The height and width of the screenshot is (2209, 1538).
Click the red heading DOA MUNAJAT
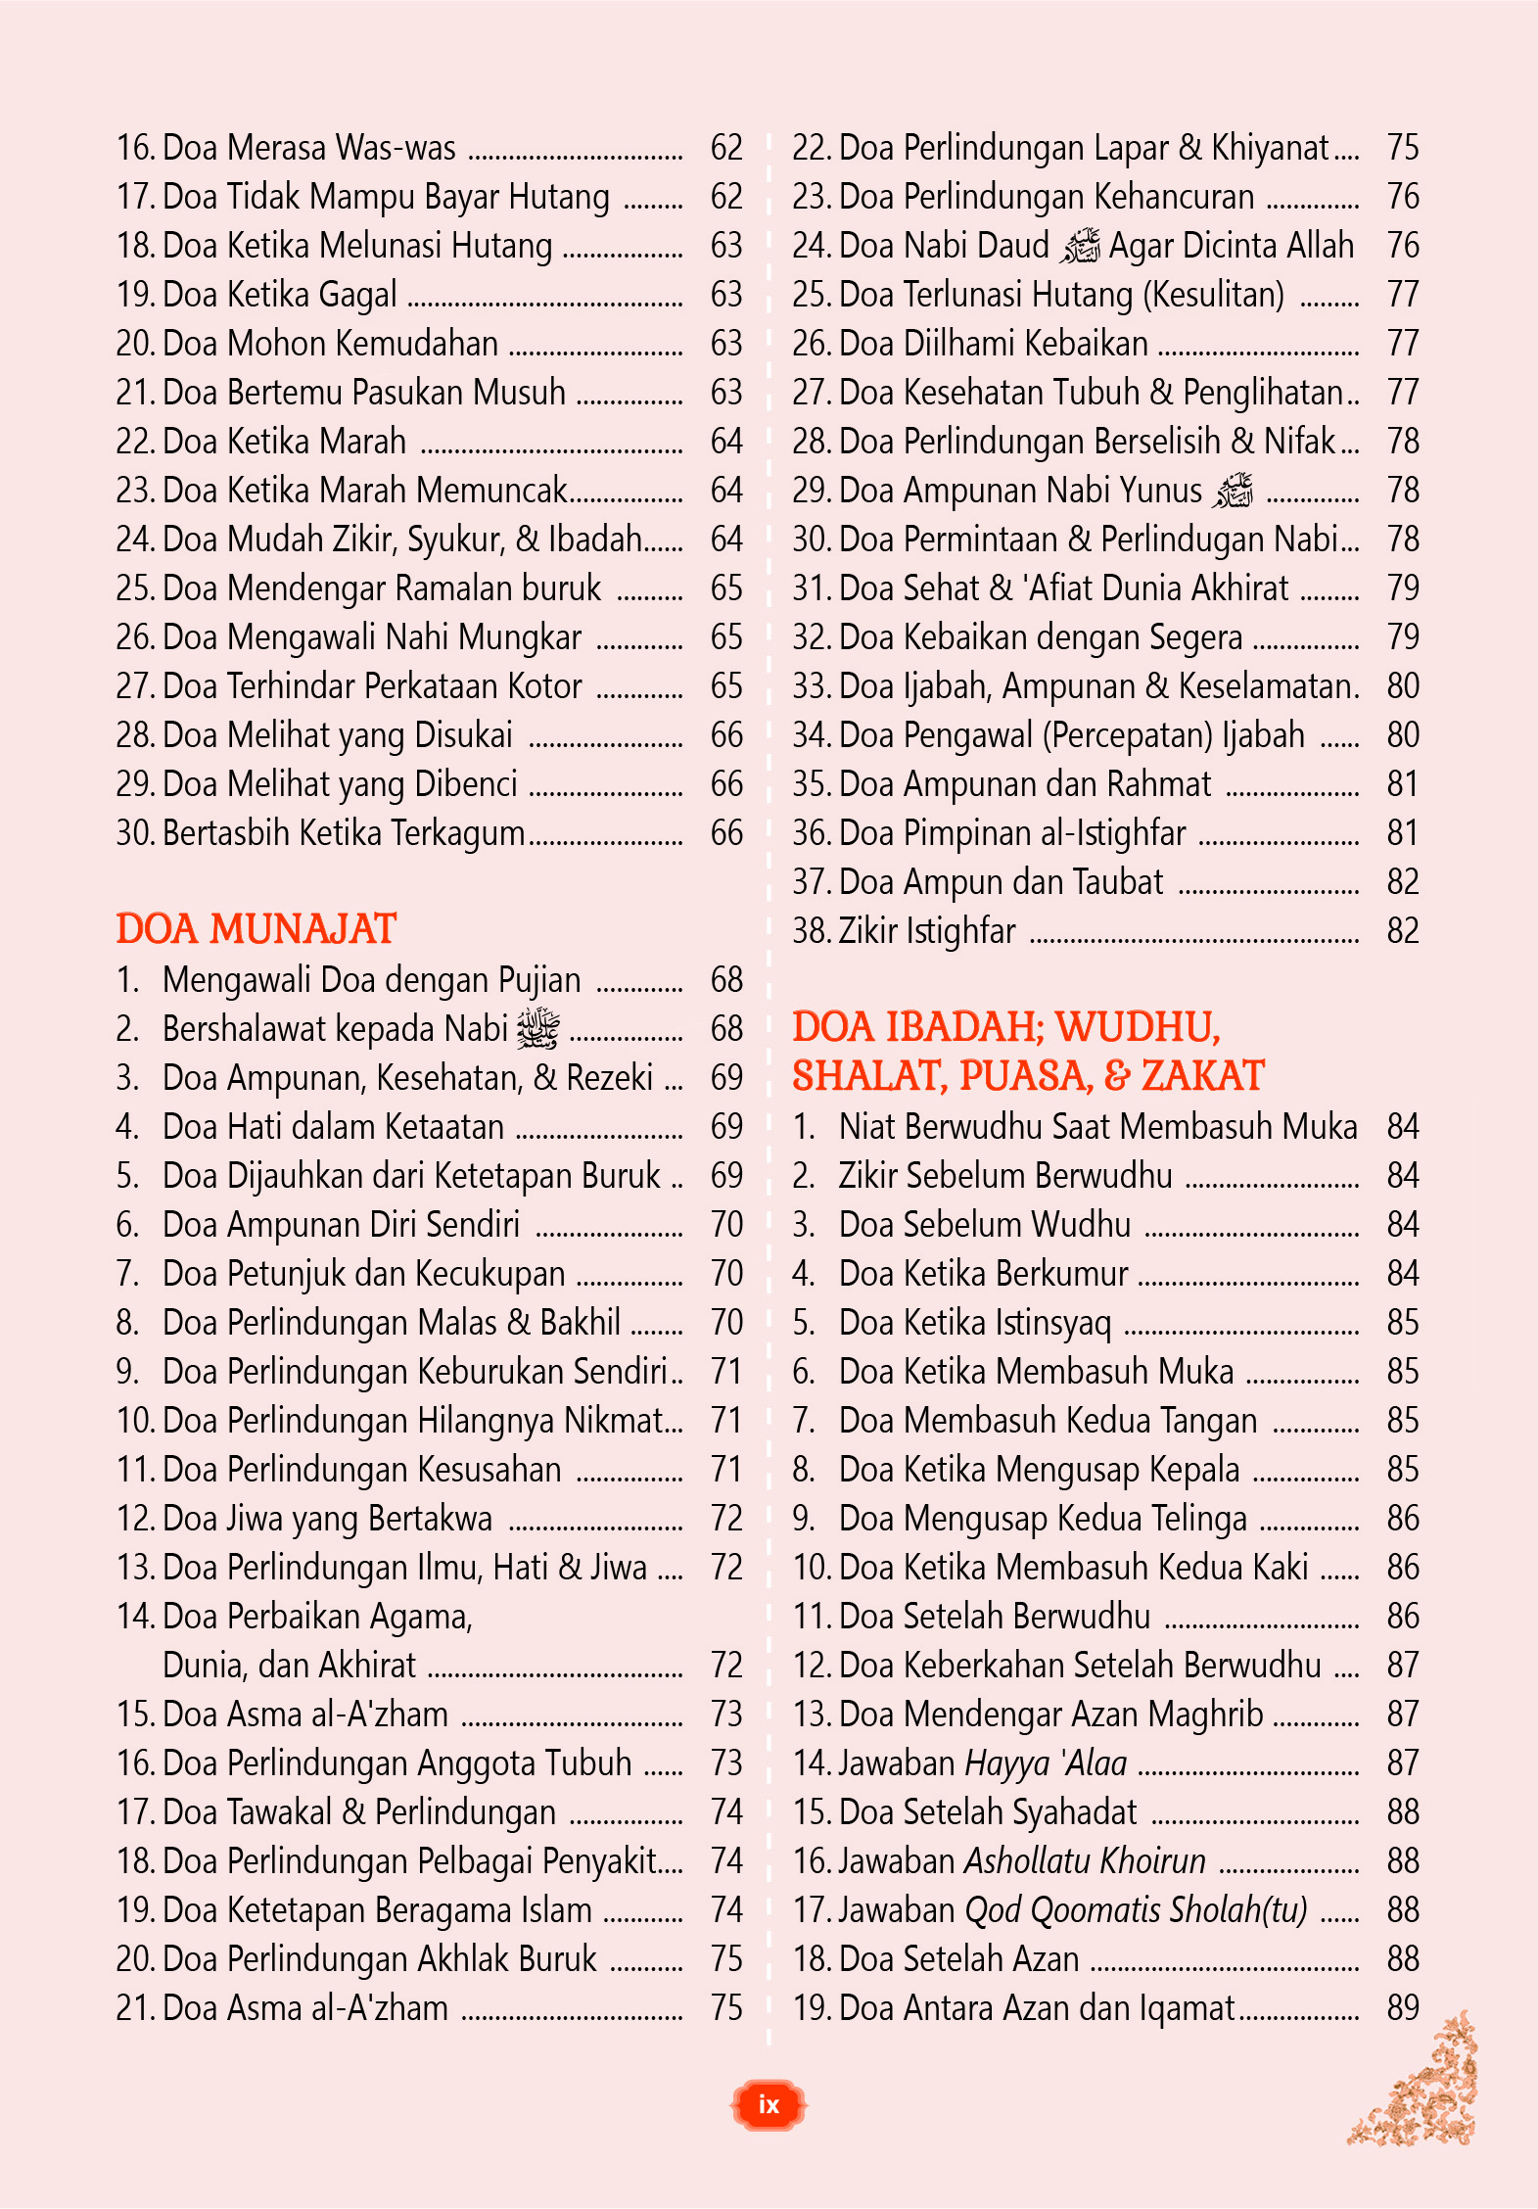(x=256, y=929)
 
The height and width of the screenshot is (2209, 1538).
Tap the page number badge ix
(x=769, y=2104)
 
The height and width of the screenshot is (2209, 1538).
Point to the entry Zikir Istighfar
(x=926, y=931)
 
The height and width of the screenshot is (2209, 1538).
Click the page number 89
(x=1402, y=2008)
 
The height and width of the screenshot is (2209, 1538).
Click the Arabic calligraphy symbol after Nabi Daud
(x=1080, y=246)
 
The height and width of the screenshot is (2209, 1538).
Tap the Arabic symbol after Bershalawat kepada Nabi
(x=537, y=1028)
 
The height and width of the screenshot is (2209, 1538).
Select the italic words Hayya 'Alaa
(x=1046, y=1763)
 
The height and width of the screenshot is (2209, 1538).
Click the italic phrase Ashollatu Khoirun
(x=1085, y=1861)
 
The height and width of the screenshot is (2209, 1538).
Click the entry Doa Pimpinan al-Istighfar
(x=1012, y=833)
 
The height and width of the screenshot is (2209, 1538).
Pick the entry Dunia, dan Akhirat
(x=289, y=1666)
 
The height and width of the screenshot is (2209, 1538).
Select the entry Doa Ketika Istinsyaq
(x=975, y=1323)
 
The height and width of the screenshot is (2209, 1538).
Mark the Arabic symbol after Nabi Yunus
(x=1232, y=491)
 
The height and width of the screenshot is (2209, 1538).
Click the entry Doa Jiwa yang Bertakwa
(x=327, y=1519)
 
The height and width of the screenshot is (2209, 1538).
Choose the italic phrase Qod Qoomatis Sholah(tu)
(x=1136, y=1910)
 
